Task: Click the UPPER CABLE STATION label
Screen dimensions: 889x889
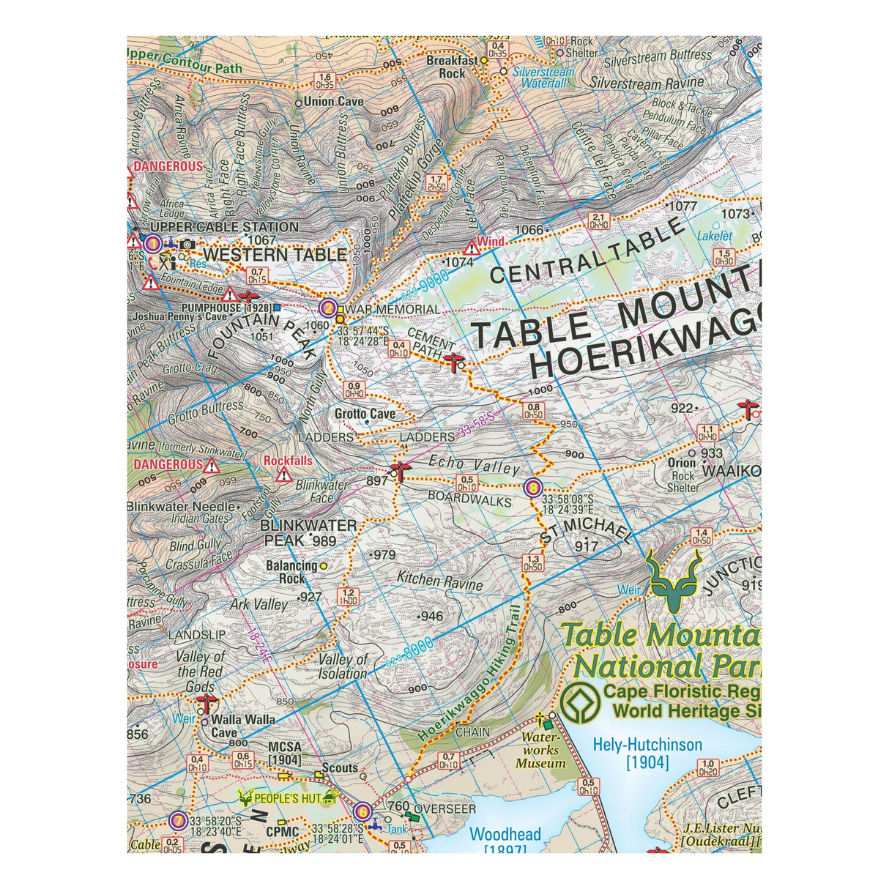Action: pos(224,227)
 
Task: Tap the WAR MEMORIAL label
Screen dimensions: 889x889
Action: pos(393,310)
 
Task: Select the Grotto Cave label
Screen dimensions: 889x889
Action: pos(365,414)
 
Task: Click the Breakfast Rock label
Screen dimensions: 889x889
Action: pos(452,67)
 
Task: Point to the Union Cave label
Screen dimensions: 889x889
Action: pos(334,102)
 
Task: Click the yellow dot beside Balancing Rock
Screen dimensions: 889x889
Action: pos(323,565)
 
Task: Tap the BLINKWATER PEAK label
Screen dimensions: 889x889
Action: pos(309,533)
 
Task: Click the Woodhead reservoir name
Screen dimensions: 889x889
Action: pos(505,835)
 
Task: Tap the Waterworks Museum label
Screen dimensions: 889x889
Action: pos(541,751)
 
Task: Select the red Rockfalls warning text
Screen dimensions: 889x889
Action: pos(288,461)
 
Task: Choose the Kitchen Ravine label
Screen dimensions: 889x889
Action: pos(440,581)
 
